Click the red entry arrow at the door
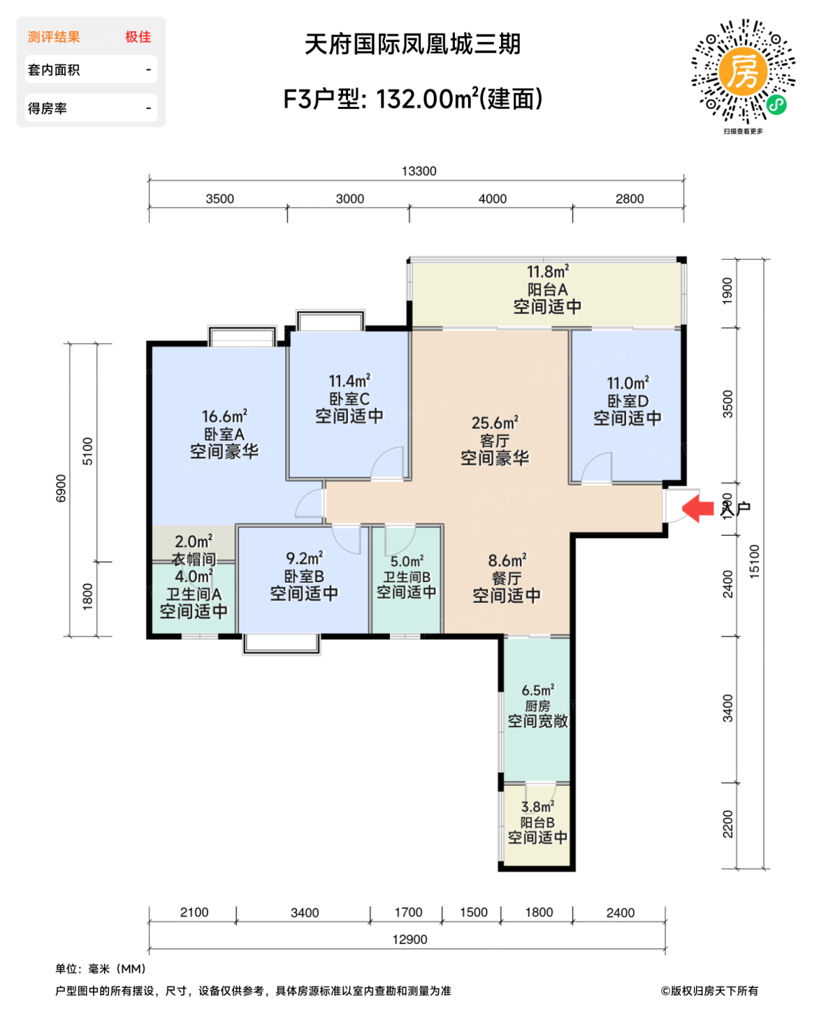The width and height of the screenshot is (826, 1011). (697, 507)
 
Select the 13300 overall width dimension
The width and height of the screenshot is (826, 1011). (419, 171)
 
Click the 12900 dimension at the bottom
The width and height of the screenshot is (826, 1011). (409, 940)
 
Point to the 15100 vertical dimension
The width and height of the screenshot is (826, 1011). (755, 561)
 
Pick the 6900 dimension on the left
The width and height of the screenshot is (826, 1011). (61, 489)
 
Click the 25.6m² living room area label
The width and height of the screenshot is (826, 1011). (495, 422)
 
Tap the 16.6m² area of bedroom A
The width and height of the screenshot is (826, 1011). (224, 417)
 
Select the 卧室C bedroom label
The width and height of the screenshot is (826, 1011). (349, 399)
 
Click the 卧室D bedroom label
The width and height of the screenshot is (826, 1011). (627, 401)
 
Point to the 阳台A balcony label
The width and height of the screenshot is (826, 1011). (547, 290)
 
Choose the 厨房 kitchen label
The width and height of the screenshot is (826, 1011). (537, 706)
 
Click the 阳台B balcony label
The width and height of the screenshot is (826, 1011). (537, 823)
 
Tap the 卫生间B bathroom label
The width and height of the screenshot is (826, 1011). (407, 577)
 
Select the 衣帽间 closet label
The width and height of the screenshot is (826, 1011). (194, 559)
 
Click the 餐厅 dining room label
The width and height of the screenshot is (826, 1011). (506, 578)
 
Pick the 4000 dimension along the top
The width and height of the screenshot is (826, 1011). (492, 199)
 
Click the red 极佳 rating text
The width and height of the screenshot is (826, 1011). (138, 37)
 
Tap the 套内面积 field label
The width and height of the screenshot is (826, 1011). (54, 70)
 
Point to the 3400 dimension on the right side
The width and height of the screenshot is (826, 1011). (728, 708)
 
